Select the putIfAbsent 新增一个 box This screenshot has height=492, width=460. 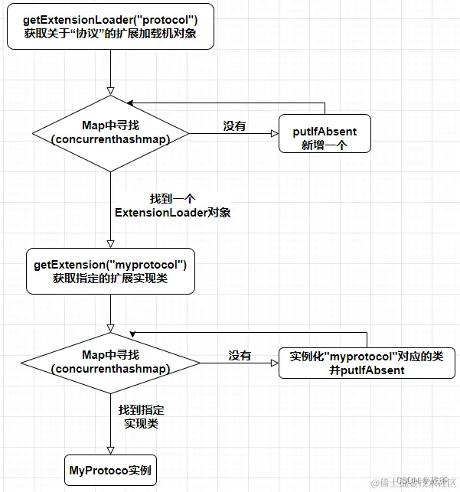325,133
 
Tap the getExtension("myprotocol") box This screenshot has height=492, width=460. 110,272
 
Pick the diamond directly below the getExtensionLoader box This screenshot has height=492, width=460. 110,132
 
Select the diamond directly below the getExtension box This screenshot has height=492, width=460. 110,363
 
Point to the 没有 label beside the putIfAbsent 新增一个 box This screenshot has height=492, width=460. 234,126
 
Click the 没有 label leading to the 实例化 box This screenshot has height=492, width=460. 240,356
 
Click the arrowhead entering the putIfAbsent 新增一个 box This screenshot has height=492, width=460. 274,133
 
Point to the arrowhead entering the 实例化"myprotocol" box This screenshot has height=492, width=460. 275,363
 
